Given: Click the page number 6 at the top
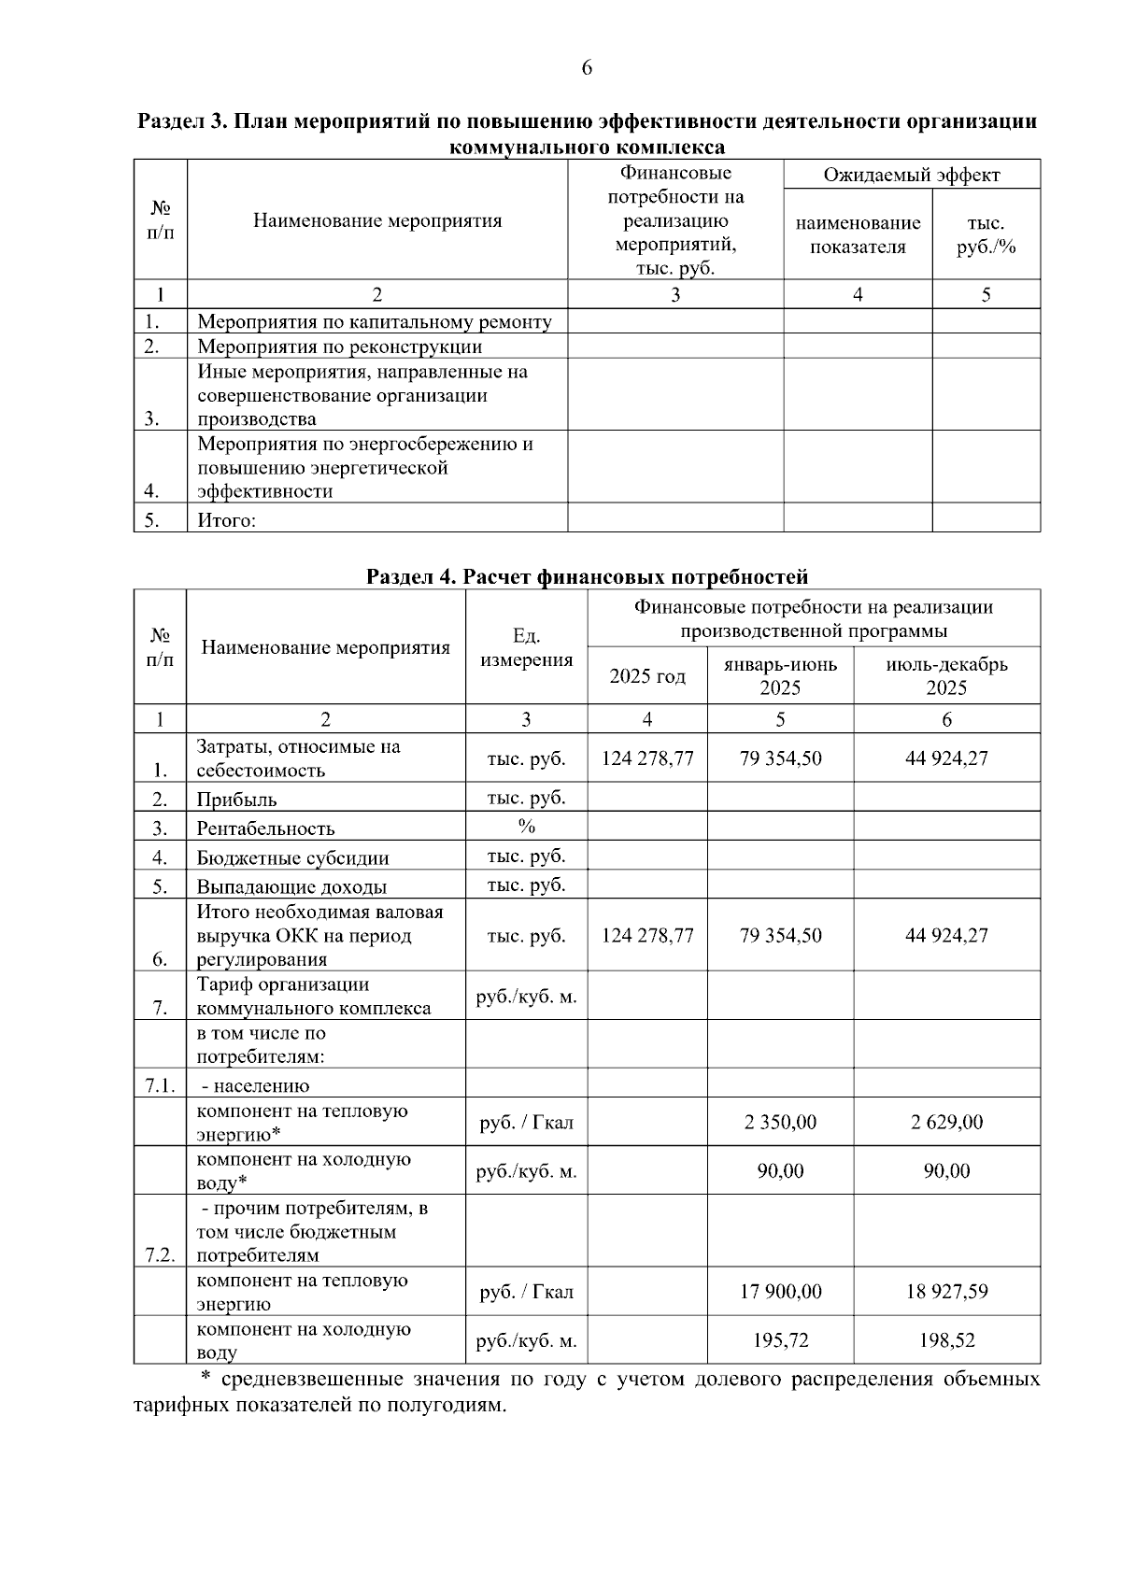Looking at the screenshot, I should coord(587,67).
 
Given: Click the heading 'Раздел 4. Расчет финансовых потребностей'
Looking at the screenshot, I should coord(587,576).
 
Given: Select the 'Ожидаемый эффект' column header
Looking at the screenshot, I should coord(911,175).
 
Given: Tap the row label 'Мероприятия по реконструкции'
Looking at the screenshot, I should coord(340,347).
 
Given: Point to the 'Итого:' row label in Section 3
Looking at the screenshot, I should coord(226,520).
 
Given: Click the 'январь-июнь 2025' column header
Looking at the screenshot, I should coord(780,676).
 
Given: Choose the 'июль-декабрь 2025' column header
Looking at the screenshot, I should coord(946,676).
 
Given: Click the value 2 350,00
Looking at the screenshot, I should coord(780,1122).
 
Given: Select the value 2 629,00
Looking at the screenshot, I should coord(946,1122).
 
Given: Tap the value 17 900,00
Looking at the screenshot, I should coord(780,1292).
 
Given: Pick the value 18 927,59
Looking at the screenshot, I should coord(946,1292).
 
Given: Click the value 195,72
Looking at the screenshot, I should coord(780,1340).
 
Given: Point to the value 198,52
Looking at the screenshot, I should coord(946,1340).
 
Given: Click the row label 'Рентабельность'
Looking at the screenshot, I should coord(265,828).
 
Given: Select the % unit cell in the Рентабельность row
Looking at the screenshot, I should coord(526,826).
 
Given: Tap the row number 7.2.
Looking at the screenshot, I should coord(160,1254).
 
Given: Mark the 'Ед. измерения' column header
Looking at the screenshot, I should coord(526,648).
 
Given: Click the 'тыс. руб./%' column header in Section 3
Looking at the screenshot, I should coord(986,234).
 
